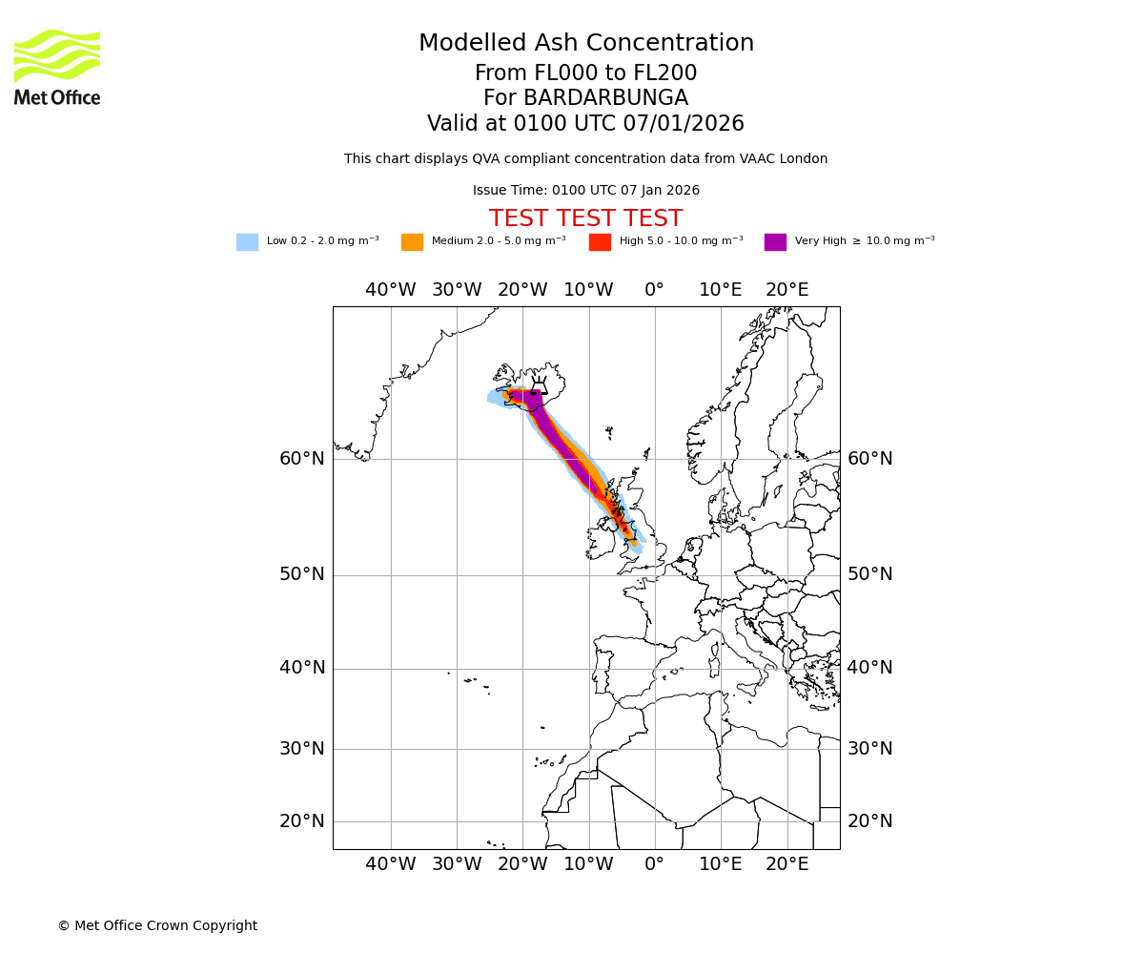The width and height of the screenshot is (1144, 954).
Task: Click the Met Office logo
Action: (57, 67)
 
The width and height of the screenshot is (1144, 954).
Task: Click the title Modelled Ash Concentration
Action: (585, 44)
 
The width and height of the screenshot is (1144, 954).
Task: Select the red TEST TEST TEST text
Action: (585, 219)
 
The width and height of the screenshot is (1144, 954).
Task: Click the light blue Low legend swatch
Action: (247, 242)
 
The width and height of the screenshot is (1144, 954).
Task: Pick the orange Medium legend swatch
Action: (412, 242)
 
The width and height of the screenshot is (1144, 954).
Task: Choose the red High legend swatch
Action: (600, 242)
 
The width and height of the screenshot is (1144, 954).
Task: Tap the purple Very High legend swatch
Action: (775, 242)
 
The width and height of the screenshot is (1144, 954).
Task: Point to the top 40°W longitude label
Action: (390, 290)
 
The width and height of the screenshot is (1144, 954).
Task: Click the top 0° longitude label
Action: (654, 290)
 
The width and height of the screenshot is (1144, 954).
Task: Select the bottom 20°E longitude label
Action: (786, 864)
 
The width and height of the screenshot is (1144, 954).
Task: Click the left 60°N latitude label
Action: (301, 459)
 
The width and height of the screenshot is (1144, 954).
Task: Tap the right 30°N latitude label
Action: (870, 749)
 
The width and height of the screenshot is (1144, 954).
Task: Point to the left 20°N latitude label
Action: (301, 821)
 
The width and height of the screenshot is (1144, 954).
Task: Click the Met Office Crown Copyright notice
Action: (157, 926)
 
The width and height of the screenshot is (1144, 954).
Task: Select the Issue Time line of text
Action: (585, 191)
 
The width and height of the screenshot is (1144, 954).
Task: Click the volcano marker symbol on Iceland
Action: (539, 385)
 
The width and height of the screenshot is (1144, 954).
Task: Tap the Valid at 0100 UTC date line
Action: (585, 124)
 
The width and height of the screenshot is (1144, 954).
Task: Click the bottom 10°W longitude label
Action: (588, 864)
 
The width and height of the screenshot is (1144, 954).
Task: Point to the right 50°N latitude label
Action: (870, 574)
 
